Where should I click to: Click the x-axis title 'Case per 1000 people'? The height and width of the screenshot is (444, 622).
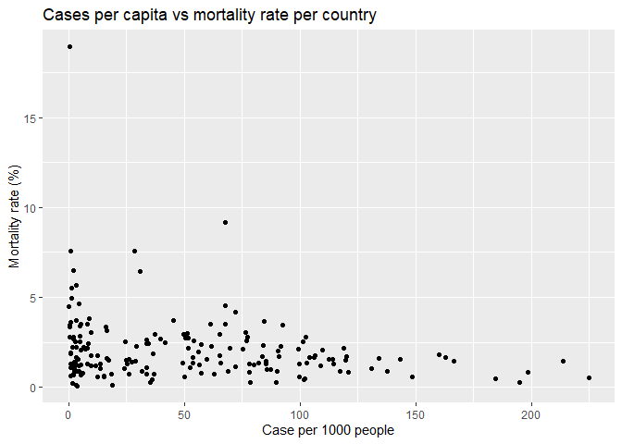329,430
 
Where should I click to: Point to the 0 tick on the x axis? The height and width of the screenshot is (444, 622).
68,413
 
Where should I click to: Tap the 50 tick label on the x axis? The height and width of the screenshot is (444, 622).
184,413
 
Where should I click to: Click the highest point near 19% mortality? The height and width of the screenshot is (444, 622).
69,46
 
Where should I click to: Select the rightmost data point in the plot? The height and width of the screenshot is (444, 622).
589,377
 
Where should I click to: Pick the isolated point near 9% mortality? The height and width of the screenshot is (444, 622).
226,222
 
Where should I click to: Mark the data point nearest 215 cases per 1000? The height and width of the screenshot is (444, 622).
563,362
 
